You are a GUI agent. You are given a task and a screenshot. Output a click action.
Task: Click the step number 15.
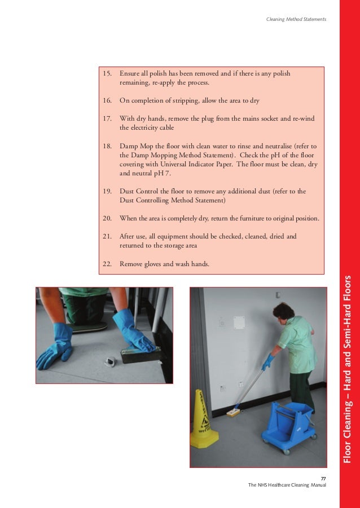pyautogui.click(x=107, y=73)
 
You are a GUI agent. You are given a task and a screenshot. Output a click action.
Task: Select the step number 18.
pyautogui.click(x=107, y=145)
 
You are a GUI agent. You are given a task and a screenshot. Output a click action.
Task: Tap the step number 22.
pyautogui.click(x=107, y=263)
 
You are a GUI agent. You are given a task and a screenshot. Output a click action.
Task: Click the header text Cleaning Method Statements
pyautogui.click(x=296, y=20)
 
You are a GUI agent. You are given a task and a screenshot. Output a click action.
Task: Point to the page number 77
pyautogui.click(x=323, y=479)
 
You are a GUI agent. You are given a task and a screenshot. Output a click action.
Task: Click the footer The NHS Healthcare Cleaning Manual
pyautogui.click(x=287, y=485)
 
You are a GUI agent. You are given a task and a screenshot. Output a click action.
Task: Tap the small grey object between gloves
pyautogui.click(x=94, y=359)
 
